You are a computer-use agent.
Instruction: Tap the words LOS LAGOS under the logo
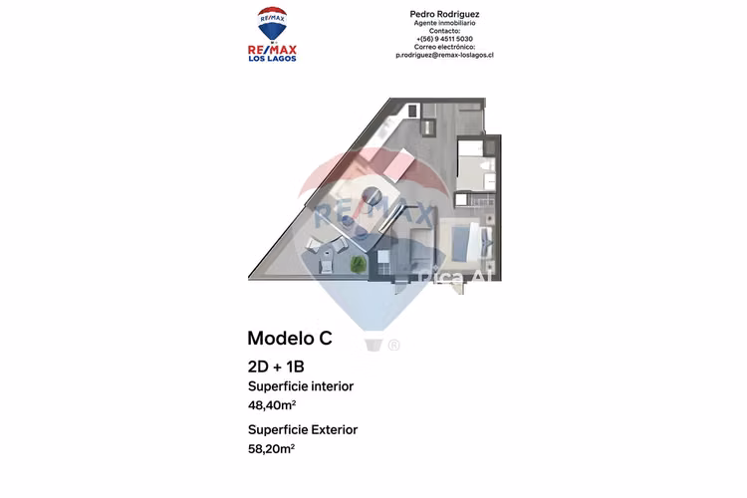(272, 59)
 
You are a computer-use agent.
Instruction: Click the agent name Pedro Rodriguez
(444, 14)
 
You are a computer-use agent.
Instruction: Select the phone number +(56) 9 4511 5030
(444, 39)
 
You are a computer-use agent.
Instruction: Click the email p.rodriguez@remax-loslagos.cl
(444, 55)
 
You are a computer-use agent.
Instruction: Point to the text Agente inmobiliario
(444, 23)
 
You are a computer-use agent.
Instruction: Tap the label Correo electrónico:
(444, 47)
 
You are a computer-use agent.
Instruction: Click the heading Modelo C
(290, 338)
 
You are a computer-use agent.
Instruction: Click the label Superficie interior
(301, 386)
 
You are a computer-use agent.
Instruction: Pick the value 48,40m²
(272, 405)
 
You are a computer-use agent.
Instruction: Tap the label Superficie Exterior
(303, 429)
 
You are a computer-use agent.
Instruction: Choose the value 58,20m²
(271, 449)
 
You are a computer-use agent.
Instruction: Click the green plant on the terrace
(359, 264)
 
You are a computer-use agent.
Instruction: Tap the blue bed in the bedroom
(464, 243)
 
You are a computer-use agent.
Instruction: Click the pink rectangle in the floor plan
(399, 164)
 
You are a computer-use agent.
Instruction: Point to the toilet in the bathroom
(487, 166)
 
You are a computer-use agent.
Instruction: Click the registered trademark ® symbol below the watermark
(393, 345)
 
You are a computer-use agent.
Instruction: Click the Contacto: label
(444, 31)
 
